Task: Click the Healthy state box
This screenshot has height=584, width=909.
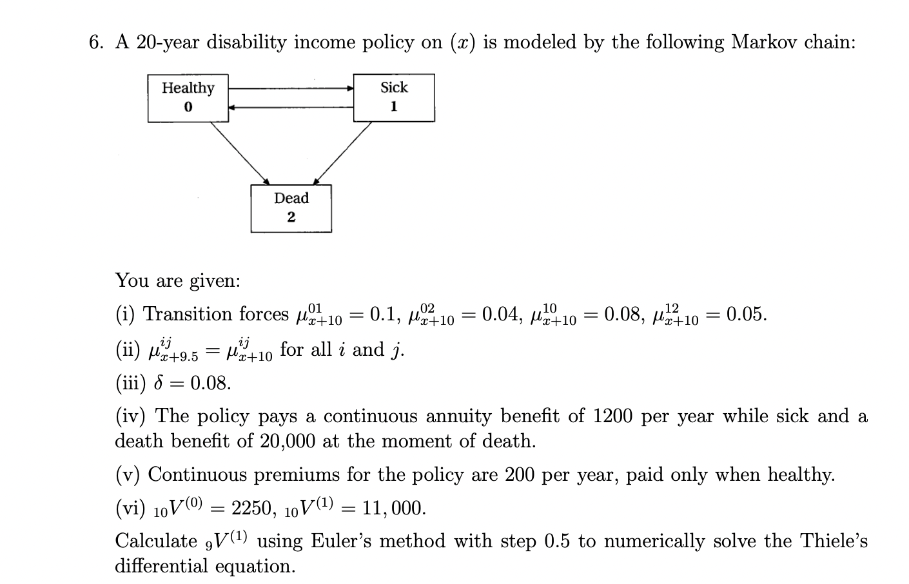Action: click(188, 97)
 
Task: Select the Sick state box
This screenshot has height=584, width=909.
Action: click(394, 97)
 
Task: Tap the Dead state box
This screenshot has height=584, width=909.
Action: click(291, 208)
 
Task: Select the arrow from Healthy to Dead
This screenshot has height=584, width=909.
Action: click(240, 152)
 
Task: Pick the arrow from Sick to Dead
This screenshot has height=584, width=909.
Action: click(343, 152)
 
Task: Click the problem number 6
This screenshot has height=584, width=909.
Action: click(95, 43)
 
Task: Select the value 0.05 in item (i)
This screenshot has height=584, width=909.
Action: click(746, 315)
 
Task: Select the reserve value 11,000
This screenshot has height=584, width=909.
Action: click(393, 509)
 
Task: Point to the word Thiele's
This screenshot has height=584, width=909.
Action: click(835, 541)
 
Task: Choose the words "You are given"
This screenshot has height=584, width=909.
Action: click(177, 280)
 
